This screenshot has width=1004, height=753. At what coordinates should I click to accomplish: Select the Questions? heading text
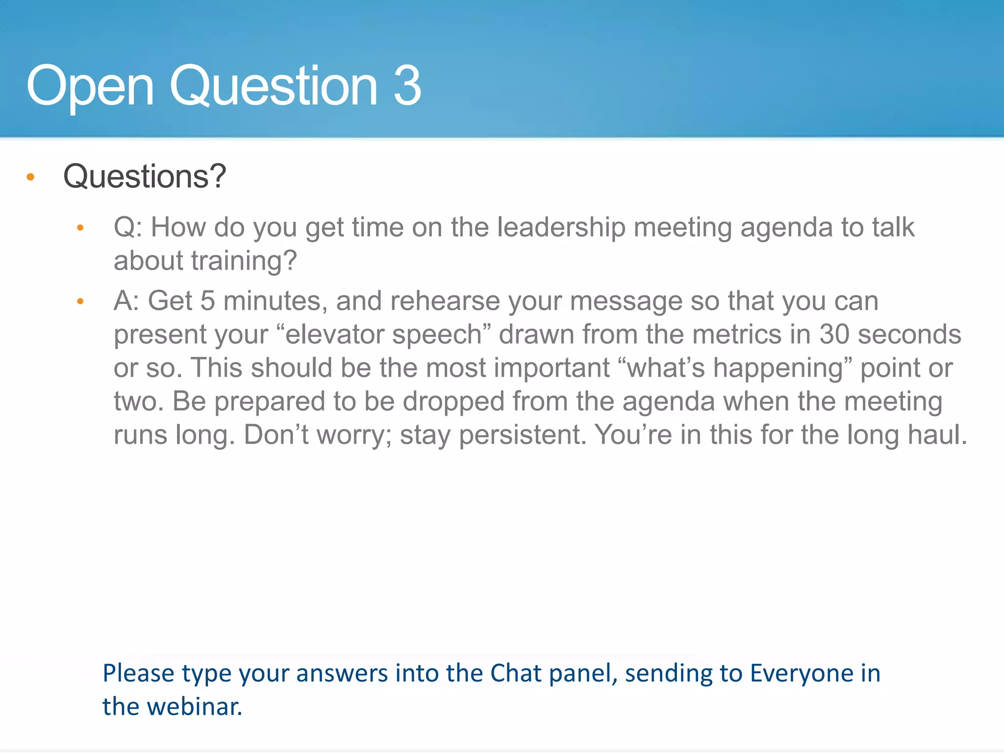tap(145, 176)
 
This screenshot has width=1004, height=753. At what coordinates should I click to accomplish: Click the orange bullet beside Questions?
tap(30, 177)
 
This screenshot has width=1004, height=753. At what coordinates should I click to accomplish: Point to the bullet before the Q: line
tap(80, 227)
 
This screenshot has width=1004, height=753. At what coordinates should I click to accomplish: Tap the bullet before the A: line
tap(80, 301)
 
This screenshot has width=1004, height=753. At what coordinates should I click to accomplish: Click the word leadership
tap(561, 227)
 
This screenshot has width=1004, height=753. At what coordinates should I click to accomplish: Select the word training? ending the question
tap(244, 260)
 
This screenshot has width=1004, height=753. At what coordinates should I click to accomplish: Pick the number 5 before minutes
tap(207, 301)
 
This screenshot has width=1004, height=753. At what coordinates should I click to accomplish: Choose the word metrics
tap(736, 334)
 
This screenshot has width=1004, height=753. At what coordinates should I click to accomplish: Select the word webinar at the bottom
tap(195, 707)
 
